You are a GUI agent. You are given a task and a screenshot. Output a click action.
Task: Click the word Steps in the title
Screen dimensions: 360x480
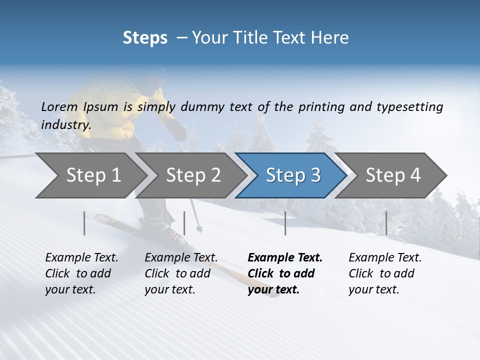click(145, 38)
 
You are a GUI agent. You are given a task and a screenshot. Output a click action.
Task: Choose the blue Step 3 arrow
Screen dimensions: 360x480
click(293, 175)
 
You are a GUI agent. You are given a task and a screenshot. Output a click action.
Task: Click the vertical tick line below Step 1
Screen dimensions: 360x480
click(84, 223)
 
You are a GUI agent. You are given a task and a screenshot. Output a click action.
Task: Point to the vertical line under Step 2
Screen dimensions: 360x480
click(184, 223)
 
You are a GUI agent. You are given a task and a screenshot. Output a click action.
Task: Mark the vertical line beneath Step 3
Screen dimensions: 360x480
click(285, 223)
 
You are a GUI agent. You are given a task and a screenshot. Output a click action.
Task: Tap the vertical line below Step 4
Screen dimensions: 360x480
click(386, 223)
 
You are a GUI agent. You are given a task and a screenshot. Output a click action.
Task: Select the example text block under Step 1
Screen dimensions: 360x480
click(81, 273)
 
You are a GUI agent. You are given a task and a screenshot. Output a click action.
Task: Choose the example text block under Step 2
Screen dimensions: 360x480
click(181, 273)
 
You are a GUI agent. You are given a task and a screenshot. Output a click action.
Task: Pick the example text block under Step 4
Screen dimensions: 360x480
click(385, 273)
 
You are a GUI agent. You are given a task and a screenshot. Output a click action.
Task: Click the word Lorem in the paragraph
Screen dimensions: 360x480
click(59, 106)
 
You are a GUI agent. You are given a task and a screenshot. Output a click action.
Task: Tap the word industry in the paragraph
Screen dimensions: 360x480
click(65, 124)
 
